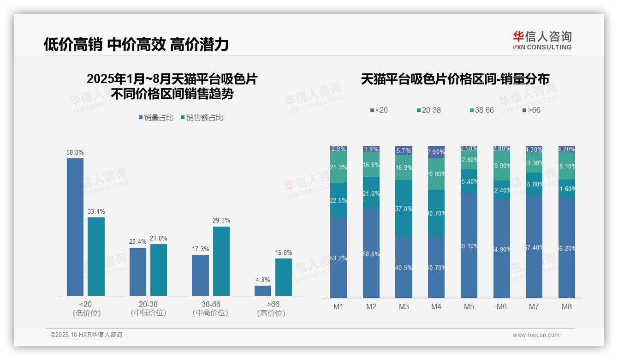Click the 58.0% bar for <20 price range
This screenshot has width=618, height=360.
coord(75,227)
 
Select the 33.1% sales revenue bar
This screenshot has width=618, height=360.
coord(96,256)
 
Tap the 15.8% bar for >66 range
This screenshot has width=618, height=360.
coord(284,277)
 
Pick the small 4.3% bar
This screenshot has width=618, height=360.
coord(263,291)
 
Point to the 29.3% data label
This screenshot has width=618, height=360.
coord(221,221)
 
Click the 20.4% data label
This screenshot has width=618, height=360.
coord(138,242)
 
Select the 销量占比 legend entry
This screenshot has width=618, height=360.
coord(156,118)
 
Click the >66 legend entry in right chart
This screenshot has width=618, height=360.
coord(531,110)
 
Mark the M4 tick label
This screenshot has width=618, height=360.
coord(436,307)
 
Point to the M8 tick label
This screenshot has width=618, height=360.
coord(567,307)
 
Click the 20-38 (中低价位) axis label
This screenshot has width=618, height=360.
coord(148,309)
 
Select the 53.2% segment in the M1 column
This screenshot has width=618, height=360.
coord(339,258)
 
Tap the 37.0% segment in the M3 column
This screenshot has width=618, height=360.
coord(404,209)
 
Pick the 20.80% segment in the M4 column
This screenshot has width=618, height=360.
coord(436,174)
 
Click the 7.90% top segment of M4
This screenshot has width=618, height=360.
coord(436,152)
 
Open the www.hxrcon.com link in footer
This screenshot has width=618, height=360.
coord(536,335)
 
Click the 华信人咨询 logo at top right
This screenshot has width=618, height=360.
coord(542,40)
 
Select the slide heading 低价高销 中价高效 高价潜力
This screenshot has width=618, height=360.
coord(137,45)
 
